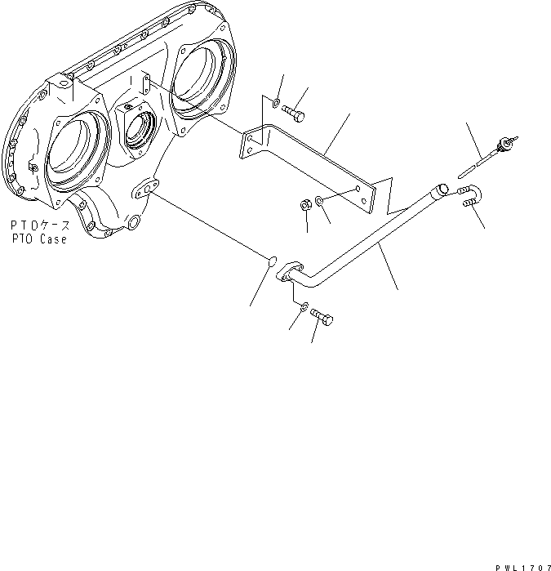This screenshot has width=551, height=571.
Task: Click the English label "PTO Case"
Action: (x=38, y=240)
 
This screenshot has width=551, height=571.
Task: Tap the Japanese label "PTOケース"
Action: (x=38, y=225)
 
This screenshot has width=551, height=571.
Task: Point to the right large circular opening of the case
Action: (x=199, y=75)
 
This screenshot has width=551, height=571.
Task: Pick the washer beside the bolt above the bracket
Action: (x=278, y=104)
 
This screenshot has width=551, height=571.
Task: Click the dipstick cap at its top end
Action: (x=513, y=145)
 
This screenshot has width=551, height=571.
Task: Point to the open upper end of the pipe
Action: (x=442, y=190)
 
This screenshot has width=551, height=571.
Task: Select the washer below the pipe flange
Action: (x=304, y=307)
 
